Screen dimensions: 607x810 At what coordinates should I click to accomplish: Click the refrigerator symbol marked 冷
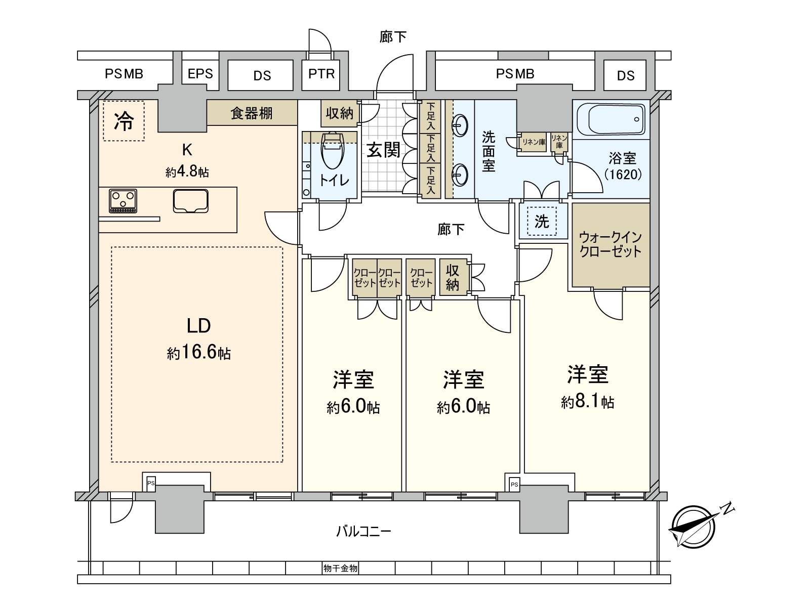click(x=124, y=121)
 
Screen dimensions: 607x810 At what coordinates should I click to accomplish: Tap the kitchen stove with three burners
click(x=123, y=201)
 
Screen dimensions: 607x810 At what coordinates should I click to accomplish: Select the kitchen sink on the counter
click(x=190, y=200)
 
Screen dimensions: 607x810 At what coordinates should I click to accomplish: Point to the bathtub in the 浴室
click(x=611, y=120)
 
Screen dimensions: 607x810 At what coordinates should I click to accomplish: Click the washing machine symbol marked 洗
click(x=542, y=222)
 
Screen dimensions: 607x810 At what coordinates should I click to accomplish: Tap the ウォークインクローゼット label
click(x=610, y=244)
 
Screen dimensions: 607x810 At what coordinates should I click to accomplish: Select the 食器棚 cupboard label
click(x=252, y=113)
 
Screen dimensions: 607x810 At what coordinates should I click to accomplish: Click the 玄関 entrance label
click(x=383, y=150)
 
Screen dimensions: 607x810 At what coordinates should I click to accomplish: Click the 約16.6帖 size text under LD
click(x=198, y=353)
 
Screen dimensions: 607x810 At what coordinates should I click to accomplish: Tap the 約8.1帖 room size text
click(x=587, y=402)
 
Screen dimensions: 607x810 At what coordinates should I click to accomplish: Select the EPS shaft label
click(x=200, y=74)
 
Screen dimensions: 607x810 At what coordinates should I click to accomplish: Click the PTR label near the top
click(x=321, y=74)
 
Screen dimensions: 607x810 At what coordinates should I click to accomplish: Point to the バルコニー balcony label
click(x=363, y=532)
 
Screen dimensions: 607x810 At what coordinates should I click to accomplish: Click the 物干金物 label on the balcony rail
click(x=340, y=569)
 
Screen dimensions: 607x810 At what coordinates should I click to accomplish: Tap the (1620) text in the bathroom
click(x=622, y=175)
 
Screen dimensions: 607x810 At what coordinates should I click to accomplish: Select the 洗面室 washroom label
click(x=488, y=151)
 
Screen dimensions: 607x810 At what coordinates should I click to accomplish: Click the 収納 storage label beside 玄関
click(x=339, y=113)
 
